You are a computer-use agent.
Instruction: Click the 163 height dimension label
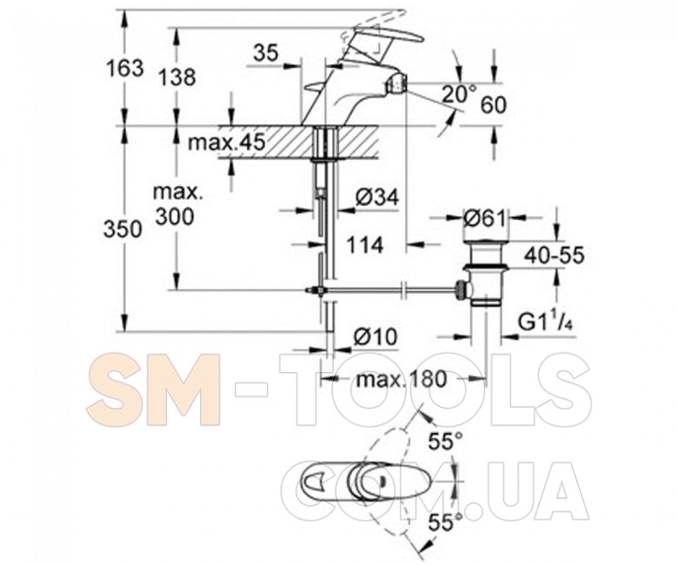(x=124, y=69)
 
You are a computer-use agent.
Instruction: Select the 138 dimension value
(x=176, y=78)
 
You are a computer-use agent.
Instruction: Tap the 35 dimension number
(x=266, y=53)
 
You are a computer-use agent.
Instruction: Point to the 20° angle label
(x=459, y=94)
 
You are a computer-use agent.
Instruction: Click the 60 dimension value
(x=494, y=105)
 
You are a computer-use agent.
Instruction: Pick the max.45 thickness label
(x=226, y=142)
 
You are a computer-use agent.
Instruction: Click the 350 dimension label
(x=123, y=229)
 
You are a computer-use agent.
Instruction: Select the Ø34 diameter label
(x=377, y=198)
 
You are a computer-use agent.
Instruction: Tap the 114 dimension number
(x=364, y=245)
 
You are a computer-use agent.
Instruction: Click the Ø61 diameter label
(x=485, y=219)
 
